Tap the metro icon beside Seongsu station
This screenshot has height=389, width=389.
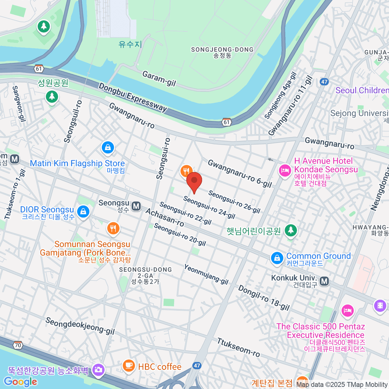tap(136, 206)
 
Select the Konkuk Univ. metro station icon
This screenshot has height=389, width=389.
tap(324, 281)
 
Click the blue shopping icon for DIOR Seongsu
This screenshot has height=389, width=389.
tap(83, 212)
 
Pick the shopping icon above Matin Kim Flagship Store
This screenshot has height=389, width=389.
tap(108, 148)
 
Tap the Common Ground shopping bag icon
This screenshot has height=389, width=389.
tap(277, 258)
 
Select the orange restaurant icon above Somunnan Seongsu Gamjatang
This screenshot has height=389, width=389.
tap(113, 229)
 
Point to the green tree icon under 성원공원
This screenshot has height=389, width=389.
tap(52, 97)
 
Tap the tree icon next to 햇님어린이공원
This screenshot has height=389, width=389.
tap(291, 230)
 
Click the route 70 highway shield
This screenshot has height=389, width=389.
tap(18, 345)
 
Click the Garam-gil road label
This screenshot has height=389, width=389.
tap(159, 79)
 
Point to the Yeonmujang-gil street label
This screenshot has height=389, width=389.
tap(206, 274)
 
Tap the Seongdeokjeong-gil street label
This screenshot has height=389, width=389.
tap(80, 326)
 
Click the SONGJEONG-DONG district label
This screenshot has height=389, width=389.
tap(222, 50)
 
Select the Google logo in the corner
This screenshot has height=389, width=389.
tap(21, 382)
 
